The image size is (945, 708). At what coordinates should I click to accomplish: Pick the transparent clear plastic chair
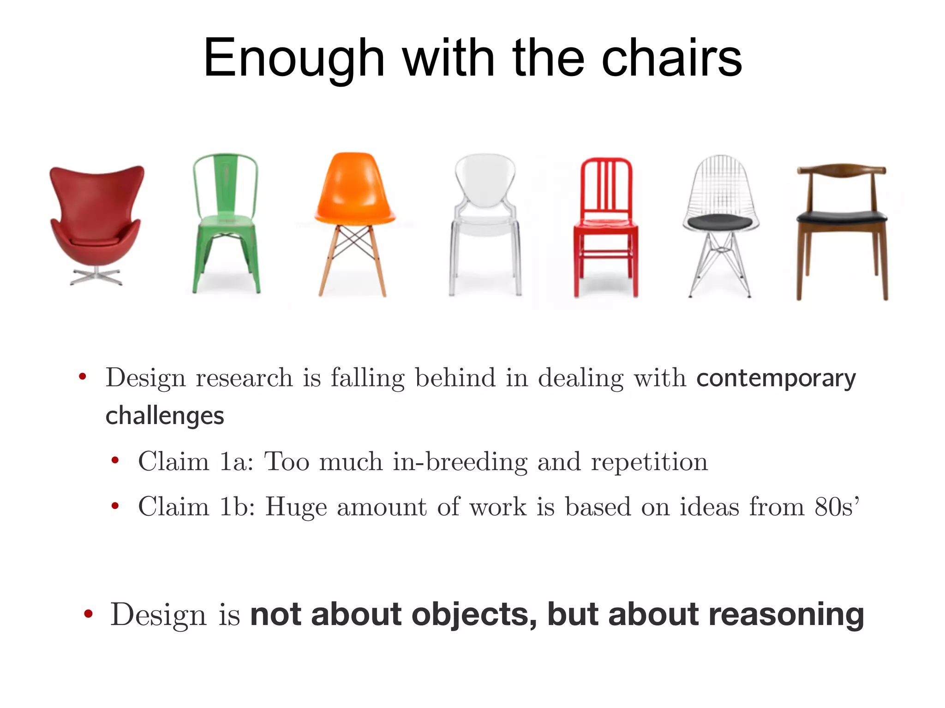click(x=484, y=221)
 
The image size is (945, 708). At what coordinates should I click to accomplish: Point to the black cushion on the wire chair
click(x=720, y=222)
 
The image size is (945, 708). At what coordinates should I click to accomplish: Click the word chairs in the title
click(x=672, y=59)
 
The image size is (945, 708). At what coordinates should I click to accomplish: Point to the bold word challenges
click(x=165, y=416)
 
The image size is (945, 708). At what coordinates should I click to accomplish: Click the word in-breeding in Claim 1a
click(x=460, y=461)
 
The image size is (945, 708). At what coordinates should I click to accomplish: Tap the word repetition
click(x=649, y=461)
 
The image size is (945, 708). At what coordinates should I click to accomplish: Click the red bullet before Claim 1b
click(x=115, y=507)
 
